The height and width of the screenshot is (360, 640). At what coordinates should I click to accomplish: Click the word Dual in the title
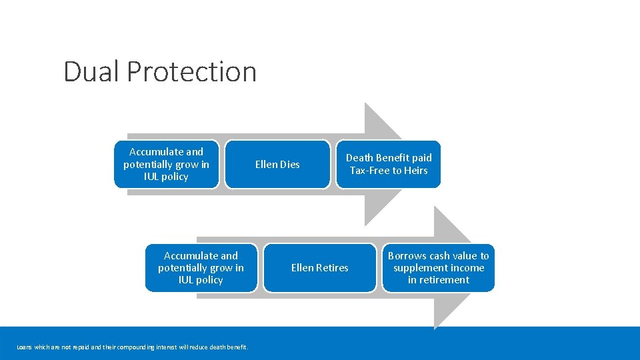tap(91, 71)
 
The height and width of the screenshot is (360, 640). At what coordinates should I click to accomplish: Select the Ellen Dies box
tap(277, 164)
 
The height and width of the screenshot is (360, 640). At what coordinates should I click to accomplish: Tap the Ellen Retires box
tap(319, 267)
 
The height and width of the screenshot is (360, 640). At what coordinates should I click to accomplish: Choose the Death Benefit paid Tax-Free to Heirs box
tap(388, 164)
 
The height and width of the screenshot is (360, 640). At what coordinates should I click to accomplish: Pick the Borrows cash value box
tap(438, 267)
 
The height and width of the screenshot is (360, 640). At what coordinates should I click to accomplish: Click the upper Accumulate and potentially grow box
tap(166, 164)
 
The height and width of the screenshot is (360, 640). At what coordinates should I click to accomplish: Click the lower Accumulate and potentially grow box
tap(201, 267)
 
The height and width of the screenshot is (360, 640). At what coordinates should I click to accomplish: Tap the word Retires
tap(333, 268)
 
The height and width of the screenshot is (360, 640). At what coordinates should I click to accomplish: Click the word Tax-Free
tap(369, 171)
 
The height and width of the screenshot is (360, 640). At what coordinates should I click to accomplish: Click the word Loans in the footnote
tap(24, 347)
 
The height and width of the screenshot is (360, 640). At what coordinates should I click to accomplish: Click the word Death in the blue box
tap(359, 158)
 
